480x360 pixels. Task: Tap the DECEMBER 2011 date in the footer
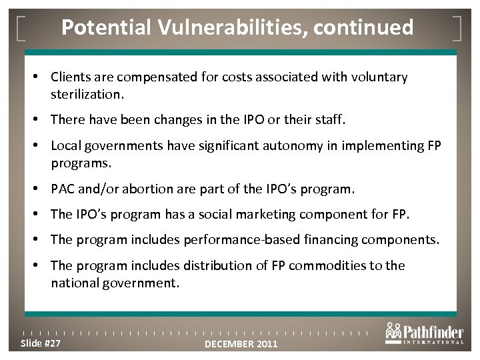pos(241,344)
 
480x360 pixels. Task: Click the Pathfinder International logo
pos(423,335)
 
